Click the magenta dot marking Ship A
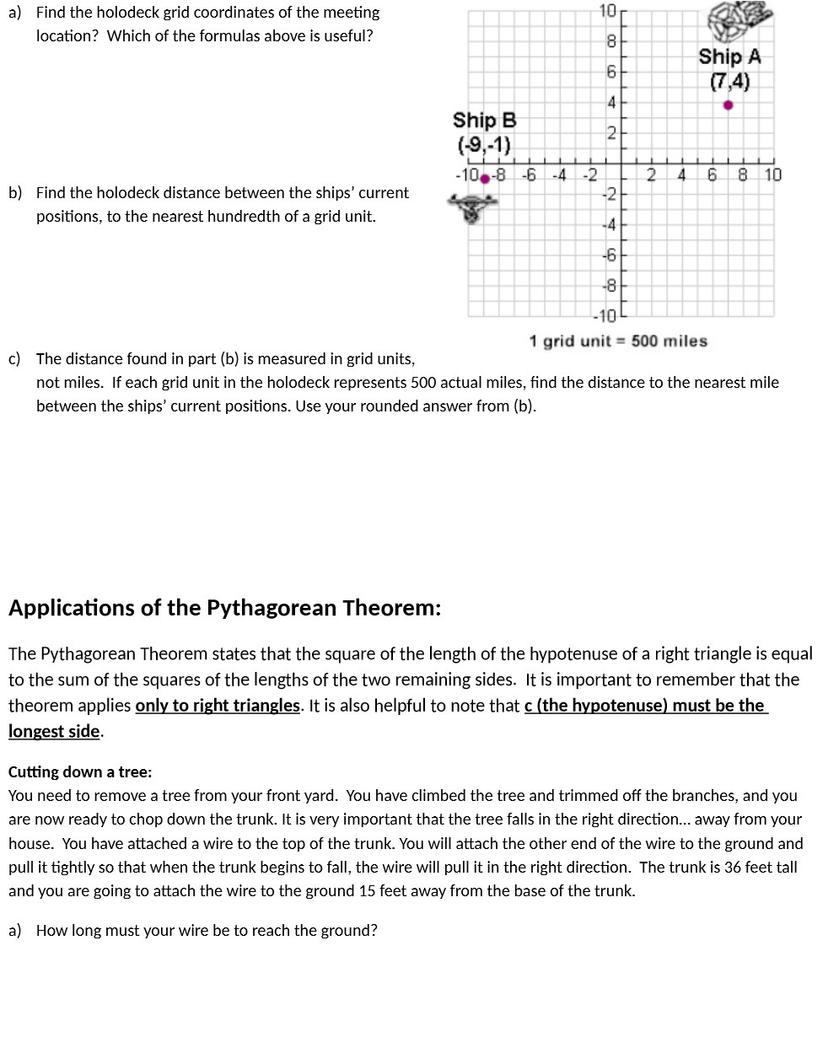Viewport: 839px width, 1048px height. coord(729,105)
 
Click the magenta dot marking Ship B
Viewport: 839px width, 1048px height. coord(485,179)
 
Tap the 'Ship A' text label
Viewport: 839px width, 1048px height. coord(729,57)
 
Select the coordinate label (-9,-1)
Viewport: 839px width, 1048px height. coord(484,145)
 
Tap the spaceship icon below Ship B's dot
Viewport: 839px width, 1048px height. coord(472,207)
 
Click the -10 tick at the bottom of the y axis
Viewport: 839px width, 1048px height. coord(605,316)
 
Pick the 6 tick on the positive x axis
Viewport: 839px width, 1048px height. coord(713,175)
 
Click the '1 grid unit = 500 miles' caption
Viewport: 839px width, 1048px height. coord(618,341)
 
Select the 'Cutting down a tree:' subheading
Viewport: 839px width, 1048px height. coord(80,771)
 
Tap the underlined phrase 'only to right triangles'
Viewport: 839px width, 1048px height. coord(218,706)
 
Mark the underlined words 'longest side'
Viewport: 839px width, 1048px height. coord(54,732)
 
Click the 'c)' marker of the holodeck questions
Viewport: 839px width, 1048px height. coord(15,359)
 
